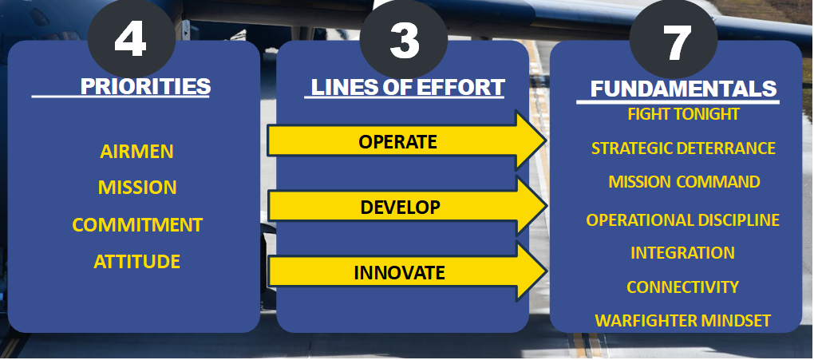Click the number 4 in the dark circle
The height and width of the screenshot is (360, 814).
click(x=131, y=39)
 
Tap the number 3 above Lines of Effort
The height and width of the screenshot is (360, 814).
click(x=404, y=39)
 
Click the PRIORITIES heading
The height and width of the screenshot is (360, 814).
click(x=146, y=86)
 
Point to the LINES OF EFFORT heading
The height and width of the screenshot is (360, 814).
click(x=407, y=87)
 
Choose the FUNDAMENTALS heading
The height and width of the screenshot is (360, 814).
click(x=683, y=89)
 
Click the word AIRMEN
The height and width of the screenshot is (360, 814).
click(x=137, y=152)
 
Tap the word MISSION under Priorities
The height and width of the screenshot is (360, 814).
click(x=137, y=188)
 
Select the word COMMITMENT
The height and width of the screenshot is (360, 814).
click(x=137, y=224)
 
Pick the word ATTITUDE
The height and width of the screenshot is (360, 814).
click(x=137, y=261)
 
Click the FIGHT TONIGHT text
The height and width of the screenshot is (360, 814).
click(x=683, y=114)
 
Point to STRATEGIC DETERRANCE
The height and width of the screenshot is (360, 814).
click(x=683, y=148)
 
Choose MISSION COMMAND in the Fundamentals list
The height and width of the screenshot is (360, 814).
click(x=684, y=182)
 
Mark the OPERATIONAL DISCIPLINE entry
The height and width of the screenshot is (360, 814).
click(x=683, y=220)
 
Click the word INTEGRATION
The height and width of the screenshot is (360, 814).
click(x=682, y=253)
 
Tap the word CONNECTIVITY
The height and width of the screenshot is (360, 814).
click(x=682, y=287)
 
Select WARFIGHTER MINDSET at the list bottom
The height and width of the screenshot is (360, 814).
click(x=683, y=321)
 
